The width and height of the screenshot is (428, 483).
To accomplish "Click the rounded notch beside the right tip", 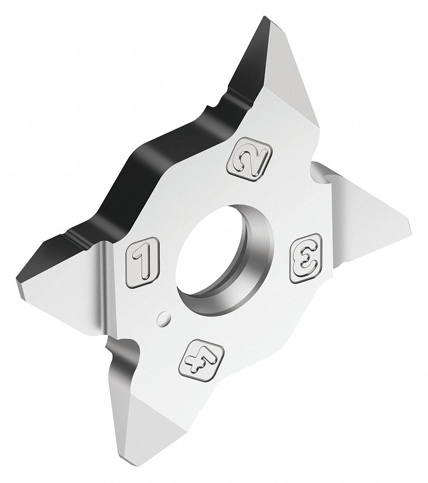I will click(322, 174).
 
